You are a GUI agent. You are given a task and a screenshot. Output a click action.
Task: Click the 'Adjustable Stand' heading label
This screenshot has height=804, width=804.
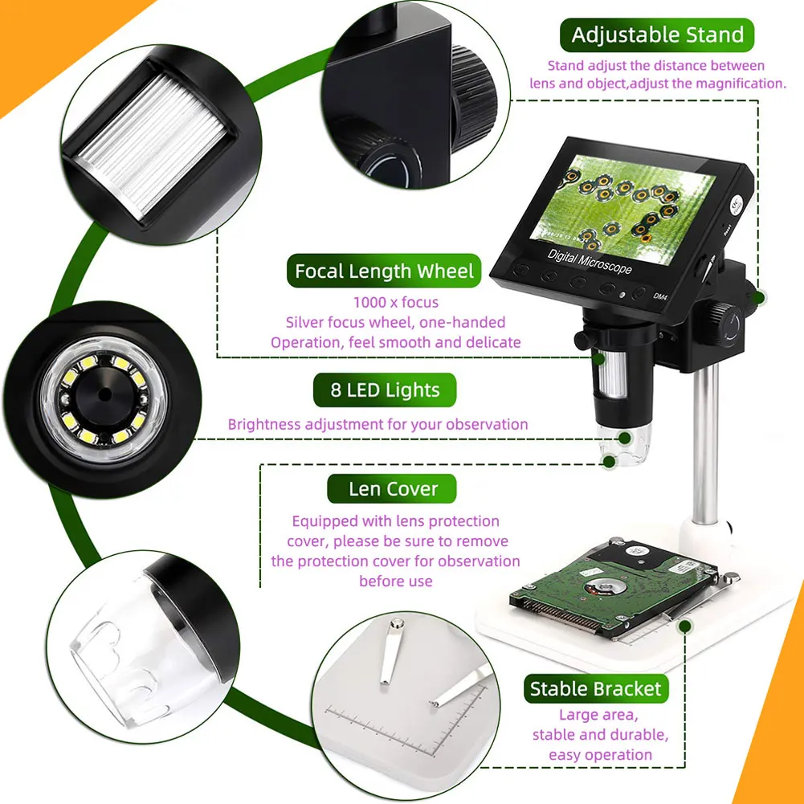pyautogui.click(x=658, y=35)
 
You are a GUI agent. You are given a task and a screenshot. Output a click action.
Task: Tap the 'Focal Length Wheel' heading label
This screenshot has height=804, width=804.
pyautogui.click(x=384, y=271)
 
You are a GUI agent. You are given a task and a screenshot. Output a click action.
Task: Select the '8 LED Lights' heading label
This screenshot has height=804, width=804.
pyautogui.click(x=385, y=391)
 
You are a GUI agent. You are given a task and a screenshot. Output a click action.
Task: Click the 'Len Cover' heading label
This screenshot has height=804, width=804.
pyautogui.click(x=393, y=489)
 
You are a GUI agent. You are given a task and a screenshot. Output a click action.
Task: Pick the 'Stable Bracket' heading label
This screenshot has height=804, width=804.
pyautogui.click(x=595, y=689)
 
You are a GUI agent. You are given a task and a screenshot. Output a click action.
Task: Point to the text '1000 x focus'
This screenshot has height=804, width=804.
pyautogui.click(x=396, y=303)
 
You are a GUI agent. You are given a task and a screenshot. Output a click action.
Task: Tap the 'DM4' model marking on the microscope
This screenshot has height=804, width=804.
pyautogui.click(x=660, y=297)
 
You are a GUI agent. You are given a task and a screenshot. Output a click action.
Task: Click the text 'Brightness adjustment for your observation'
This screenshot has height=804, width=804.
pyautogui.click(x=378, y=424)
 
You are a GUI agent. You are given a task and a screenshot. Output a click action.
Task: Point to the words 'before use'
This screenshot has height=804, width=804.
pyautogui.click(x=395, y=581)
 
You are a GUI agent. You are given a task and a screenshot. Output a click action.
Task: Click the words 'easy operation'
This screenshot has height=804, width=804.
pyautogui.click(x=600, y=754)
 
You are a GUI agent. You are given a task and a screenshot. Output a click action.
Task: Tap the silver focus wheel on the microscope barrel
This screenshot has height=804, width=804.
pyautogui.click(x=614, y=378)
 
